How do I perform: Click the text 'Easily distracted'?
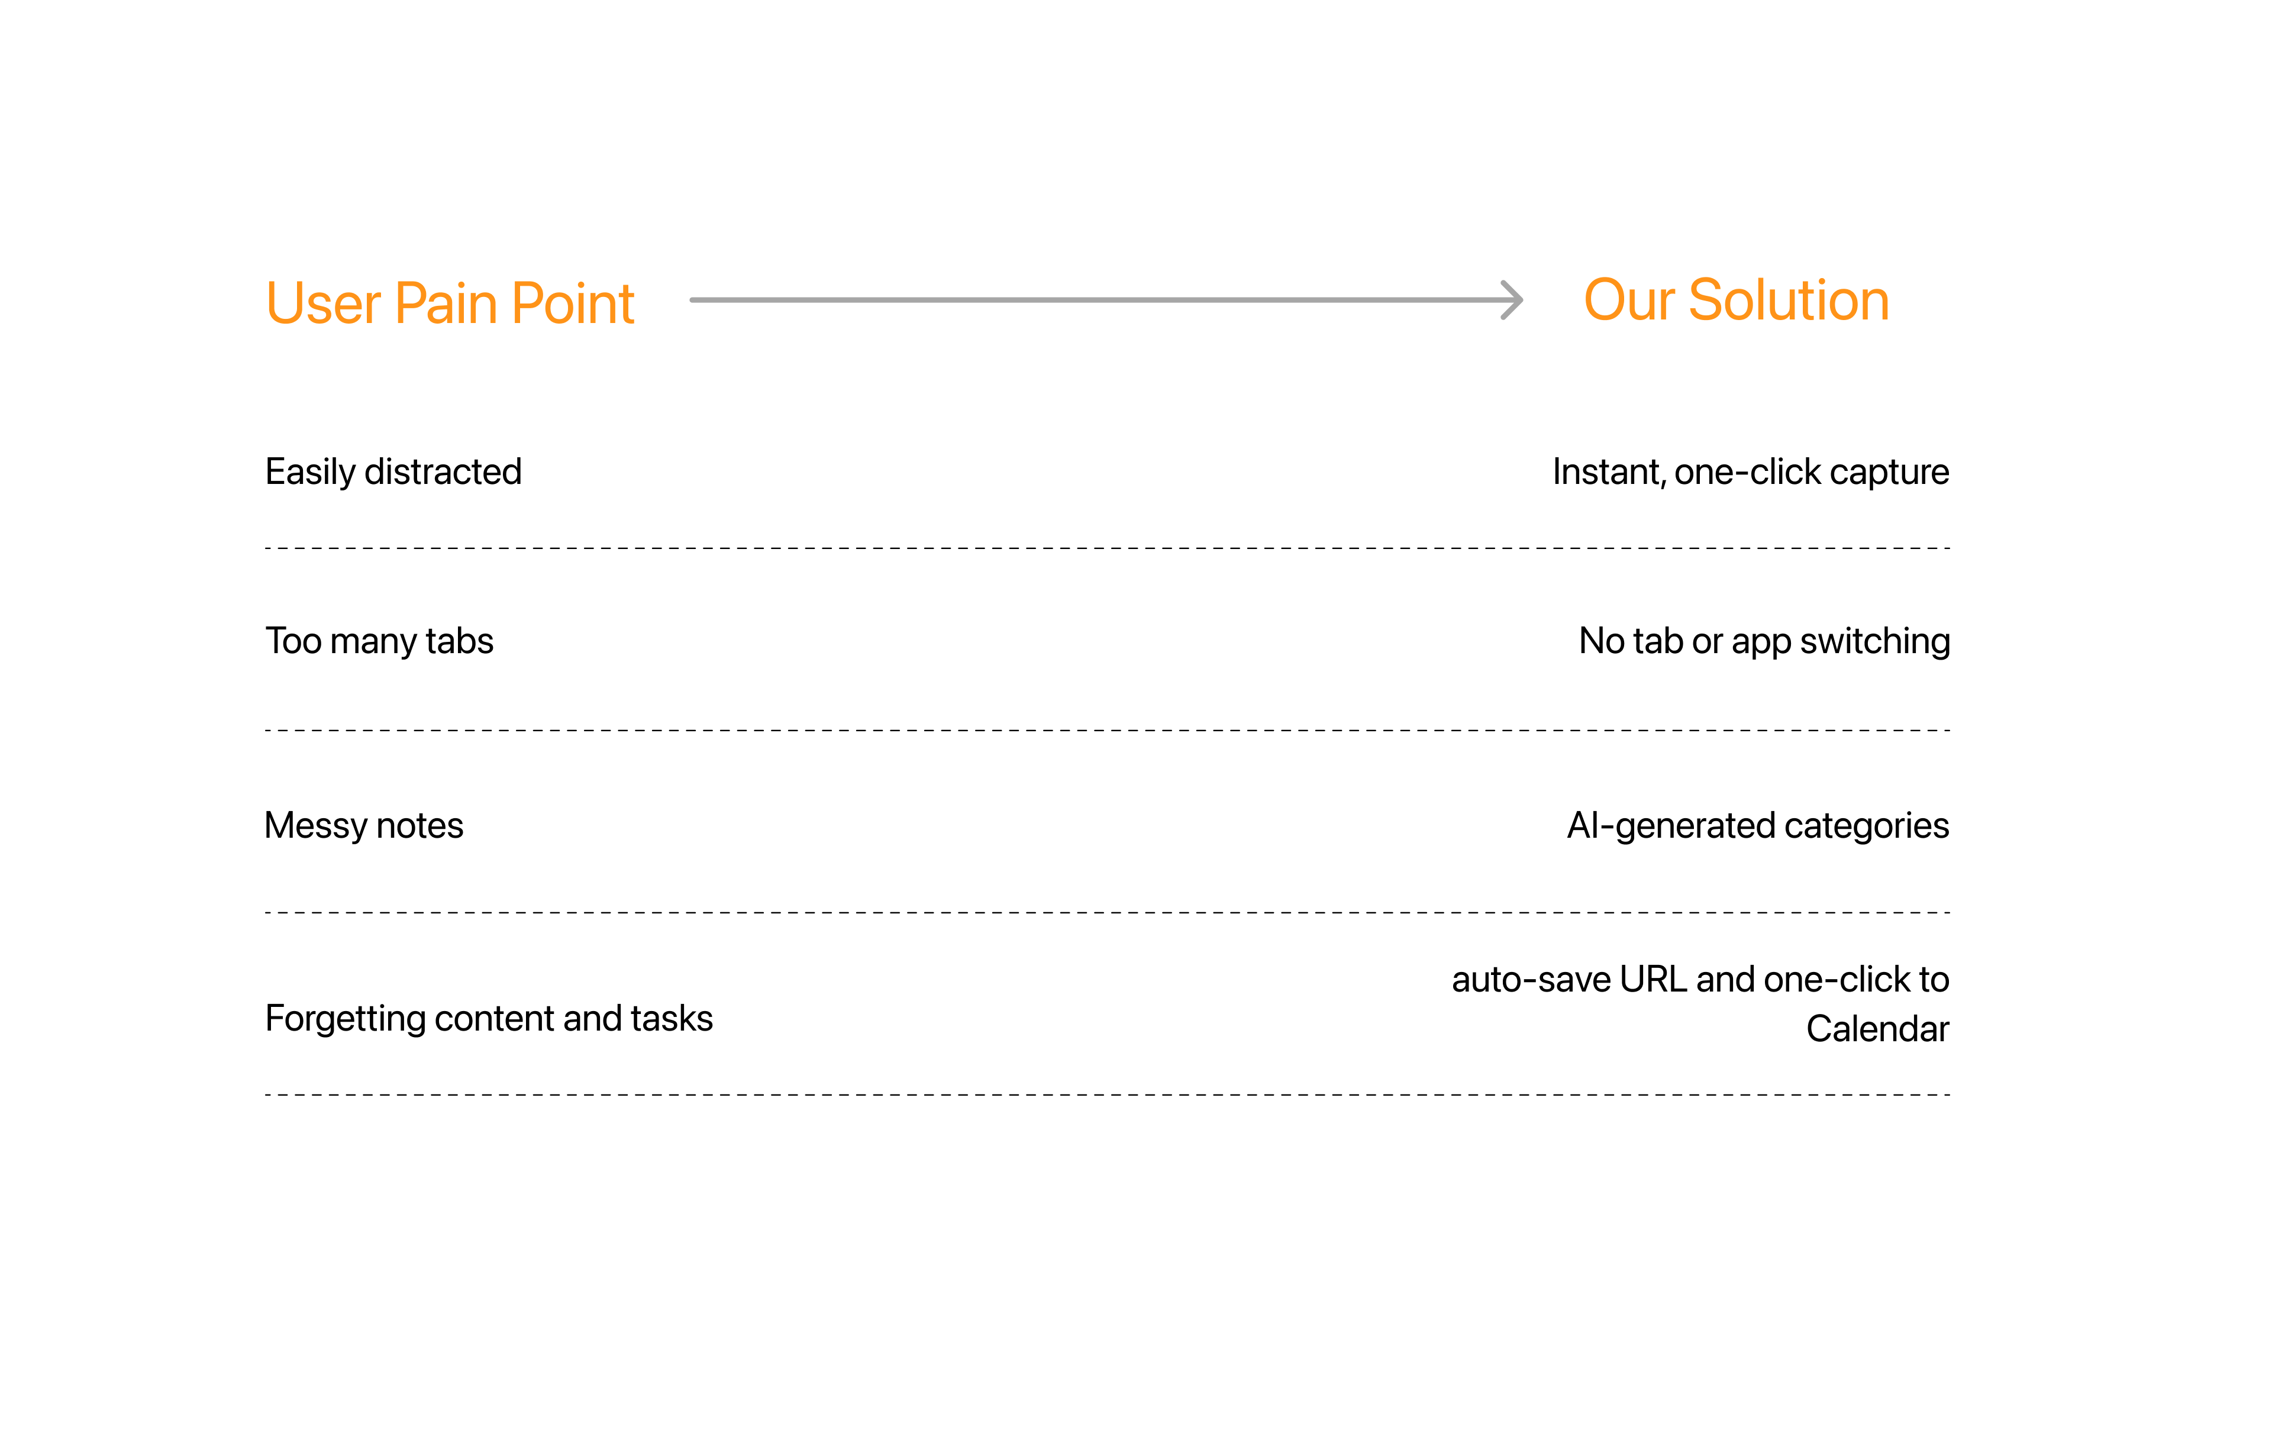point(393,472)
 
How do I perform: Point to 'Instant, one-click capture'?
point(1751,472)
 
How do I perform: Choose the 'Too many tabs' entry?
point(379,641)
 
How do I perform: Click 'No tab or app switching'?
point(1764,641)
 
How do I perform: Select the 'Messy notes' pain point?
point(364,825)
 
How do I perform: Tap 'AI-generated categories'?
point(1758,825)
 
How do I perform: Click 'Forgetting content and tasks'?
point(489,1019)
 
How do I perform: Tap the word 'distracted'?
point(444,472)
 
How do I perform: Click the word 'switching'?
point(1875,641)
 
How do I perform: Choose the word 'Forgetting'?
point(346,1019)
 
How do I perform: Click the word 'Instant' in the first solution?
point(1609,472)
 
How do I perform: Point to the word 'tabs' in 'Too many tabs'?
point(460,641)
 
